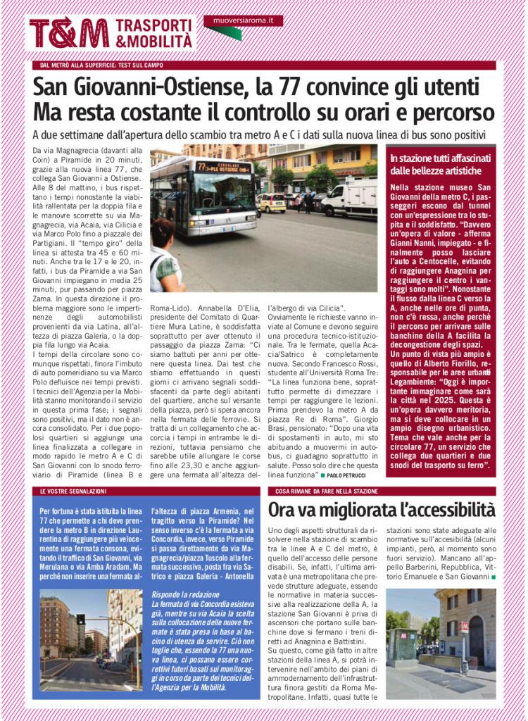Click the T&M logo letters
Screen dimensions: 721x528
coord(69,32)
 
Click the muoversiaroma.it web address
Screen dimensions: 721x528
coord(243,20)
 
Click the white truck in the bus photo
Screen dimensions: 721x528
coord(351,197)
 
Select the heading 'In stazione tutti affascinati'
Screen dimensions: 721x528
coord(441,159)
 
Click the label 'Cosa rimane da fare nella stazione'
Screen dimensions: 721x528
coord(327,491)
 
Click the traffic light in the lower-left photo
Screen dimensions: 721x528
coord(80,620)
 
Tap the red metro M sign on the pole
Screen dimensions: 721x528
coord(463,626)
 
